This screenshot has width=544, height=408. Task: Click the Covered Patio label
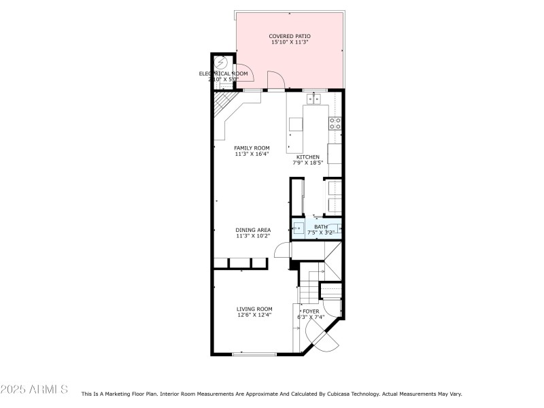click(x=290, y=36)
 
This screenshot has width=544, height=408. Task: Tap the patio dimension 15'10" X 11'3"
click(x=290, y=43)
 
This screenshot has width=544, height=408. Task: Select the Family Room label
click(x=252, y=148)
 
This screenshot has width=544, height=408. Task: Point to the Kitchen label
click(x=307, y=157)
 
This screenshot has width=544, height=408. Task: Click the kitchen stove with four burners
click(x=335, y=123)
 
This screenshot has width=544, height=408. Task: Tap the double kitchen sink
click(x=313, y=99)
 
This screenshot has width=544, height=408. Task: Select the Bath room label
click(x=320, y=226)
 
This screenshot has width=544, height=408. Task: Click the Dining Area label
click(x=253, y=230)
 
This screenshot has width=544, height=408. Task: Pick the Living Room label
click(x=254, y=309)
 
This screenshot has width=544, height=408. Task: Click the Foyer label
click(x=311, y=311)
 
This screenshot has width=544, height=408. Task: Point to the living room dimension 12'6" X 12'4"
click(x=254, y=315)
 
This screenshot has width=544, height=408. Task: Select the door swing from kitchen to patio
click(x=275, y=80)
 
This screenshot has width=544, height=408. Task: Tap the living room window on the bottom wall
click(x=254, y=354)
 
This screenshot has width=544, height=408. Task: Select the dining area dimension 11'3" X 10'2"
click(x=253, y=236)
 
